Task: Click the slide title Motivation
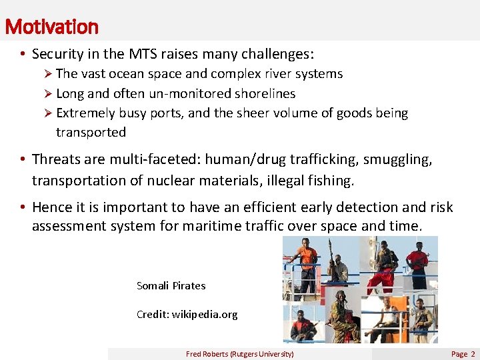coord(51,27)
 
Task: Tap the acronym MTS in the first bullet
coord(136,53)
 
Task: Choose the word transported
coord(91,132)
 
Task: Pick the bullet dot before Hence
coord(22,207)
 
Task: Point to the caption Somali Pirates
coord(171,285)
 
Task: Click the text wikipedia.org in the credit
coord(205,314)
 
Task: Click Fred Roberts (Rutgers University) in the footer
coord(239,354)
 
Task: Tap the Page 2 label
coord(463,354)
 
